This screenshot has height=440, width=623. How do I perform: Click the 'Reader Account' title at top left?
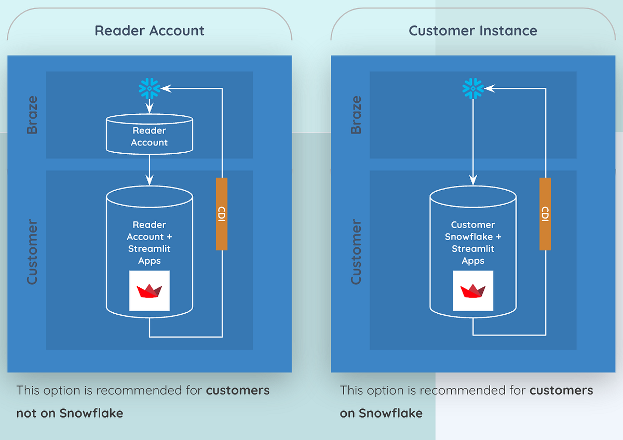[150, 31]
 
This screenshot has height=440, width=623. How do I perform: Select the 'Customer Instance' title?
[473, 31]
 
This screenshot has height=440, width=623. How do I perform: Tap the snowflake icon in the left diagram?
[150, 89]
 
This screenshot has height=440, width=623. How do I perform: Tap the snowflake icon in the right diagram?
[473, 89]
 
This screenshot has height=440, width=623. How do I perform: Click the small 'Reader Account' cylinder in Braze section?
[150, 136]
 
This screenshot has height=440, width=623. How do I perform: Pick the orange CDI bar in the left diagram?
[222, 214]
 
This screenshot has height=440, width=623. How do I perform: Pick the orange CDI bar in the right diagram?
[545, 214]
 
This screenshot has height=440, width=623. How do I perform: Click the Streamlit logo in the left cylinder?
[150, 291]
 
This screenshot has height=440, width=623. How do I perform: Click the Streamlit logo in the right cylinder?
[473, 291]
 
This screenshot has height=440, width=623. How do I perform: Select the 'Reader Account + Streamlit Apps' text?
[150, 243]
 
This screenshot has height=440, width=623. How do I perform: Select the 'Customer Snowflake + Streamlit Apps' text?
[473, 243]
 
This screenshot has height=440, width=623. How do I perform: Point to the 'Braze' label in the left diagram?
[32, 115]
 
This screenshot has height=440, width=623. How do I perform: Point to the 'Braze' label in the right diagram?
[356, 115]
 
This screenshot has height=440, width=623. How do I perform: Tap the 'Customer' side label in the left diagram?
[32, 252]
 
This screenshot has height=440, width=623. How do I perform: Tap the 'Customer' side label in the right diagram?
[356, 252]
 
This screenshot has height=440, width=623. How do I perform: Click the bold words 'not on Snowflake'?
[70, 414]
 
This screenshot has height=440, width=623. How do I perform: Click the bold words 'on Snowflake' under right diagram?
[381, 414]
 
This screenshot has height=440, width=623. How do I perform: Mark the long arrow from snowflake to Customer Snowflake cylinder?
[473, 140]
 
